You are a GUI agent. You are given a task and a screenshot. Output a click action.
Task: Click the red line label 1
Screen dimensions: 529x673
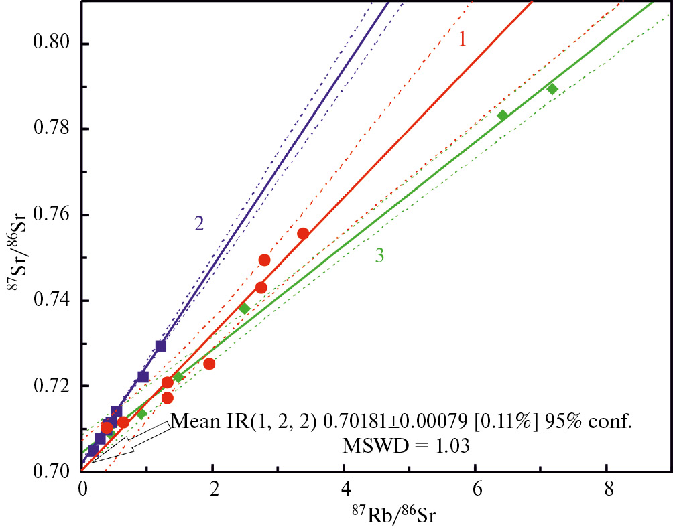tap(462, 40)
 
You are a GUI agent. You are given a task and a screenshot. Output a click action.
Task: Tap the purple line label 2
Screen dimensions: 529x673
tap(198, 224)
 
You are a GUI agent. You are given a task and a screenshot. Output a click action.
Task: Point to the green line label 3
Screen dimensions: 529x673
tap(379, 256)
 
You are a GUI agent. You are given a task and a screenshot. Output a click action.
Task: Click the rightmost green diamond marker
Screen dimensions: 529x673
tap(552, 89)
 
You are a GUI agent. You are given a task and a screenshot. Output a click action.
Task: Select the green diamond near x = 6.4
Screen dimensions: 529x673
tap(503, 116)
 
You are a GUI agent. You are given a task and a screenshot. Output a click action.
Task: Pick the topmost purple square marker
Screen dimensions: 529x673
tap(161, 346)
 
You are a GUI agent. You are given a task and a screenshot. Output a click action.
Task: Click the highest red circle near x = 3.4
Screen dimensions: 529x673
tap(303, 234)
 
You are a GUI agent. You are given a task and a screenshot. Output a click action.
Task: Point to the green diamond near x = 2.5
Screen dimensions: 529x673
tap(244, 309)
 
